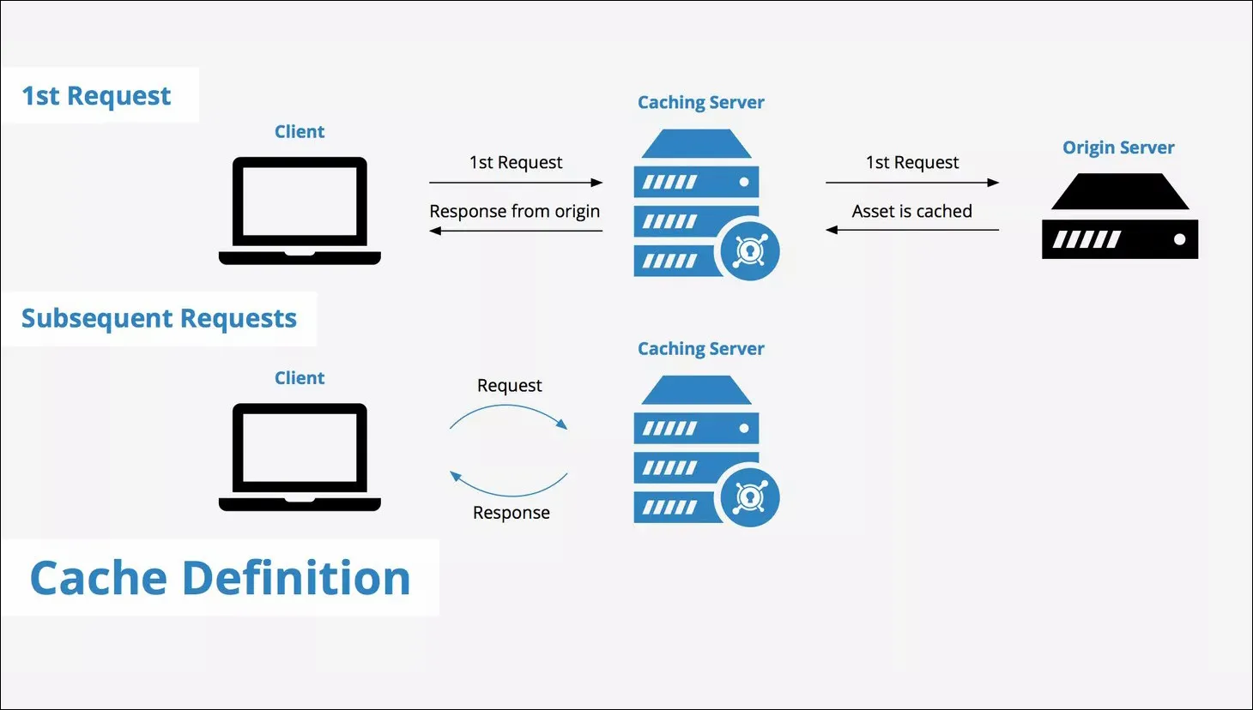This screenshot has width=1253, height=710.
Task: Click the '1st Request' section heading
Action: coord(96,96)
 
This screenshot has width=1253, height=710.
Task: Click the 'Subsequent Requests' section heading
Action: coord(159,319)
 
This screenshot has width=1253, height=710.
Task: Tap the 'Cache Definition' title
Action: coord(221,578)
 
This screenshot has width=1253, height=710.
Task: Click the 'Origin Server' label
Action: coord(1118,147)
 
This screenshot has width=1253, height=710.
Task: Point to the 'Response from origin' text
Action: coord(515,211)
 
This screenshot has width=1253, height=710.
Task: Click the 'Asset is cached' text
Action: coord(911,211)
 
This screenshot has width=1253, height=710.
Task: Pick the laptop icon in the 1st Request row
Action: coord(300,210)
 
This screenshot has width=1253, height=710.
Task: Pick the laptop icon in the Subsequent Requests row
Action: coord(300,457)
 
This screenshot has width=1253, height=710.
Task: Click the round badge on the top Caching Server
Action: coord(750,250)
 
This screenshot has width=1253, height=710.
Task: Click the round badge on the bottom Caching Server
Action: coord(750,497)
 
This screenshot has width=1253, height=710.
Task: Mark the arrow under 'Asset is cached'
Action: coord(911,230)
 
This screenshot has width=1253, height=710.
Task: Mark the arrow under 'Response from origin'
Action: coord(516,231)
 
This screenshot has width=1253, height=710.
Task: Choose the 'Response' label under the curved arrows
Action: coord(511,513)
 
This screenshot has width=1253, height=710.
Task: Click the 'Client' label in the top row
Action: coord(300,132)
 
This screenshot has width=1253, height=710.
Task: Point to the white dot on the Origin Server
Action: coord(1180,239)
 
